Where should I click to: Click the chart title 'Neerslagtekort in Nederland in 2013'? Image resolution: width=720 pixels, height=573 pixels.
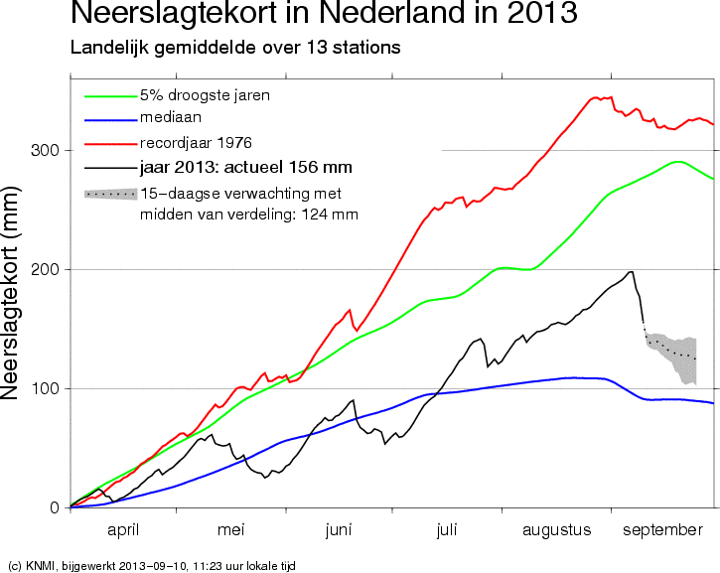[324, 12]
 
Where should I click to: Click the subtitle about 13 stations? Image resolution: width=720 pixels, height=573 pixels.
[235, 48]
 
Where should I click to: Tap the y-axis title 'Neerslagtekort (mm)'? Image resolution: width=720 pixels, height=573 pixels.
[10, 293]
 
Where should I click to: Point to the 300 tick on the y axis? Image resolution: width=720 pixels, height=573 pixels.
[45, 150]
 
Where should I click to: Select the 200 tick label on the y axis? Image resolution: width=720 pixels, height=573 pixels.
[45, 269]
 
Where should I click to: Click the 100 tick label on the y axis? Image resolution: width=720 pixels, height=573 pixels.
[45, 388]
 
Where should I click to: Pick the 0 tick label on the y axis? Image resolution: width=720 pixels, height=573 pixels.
[55, 507]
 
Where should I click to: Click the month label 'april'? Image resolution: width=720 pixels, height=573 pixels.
[123, 530]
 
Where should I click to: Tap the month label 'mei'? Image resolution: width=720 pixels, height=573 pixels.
[231, 530]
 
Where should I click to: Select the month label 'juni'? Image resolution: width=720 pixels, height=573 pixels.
[339, 530]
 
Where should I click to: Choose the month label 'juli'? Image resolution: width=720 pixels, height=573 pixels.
[446, 530]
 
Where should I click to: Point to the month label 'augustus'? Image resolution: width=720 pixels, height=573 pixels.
[556, 531]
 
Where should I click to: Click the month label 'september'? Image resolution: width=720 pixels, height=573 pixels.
[662, 531]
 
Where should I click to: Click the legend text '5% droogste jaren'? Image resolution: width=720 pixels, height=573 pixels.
[205, 95]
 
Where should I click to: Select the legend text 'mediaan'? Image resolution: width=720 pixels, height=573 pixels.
[171, 117]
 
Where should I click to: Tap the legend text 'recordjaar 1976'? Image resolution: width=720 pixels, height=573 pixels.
[196, 143]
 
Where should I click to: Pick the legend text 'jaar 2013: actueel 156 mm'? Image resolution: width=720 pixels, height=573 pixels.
[246, 167]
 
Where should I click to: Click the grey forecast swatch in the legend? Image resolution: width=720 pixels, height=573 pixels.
[110, 194]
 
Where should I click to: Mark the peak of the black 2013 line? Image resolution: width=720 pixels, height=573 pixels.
[632, 272]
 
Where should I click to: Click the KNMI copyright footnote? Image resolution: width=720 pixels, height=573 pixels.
[152, 566]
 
